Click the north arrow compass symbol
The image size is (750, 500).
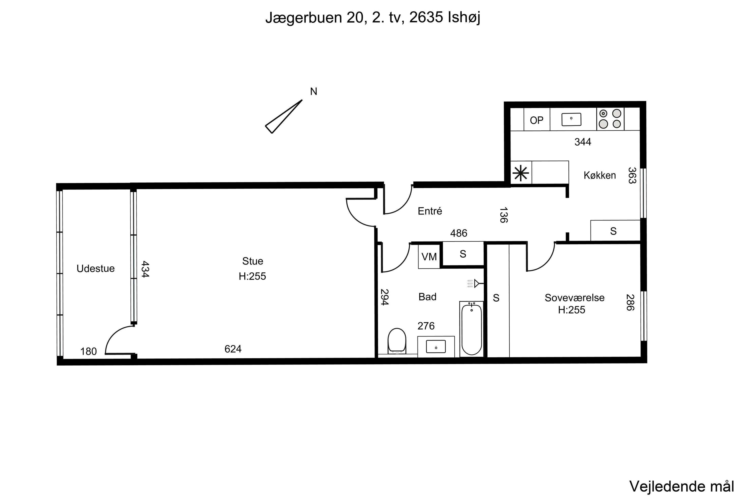click(x=283, y=117)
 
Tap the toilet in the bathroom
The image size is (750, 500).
click(x=397, y=341)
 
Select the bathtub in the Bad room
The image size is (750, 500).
click(x=471, y=329)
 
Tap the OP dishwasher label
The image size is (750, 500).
click(x=537, y=120)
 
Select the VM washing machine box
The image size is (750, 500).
click(x=429, y=256)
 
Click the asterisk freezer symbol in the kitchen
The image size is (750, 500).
click(x=521, y=173)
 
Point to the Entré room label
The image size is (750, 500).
click(x=430, y=211)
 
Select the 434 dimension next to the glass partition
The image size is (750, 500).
click(x=145, y=269)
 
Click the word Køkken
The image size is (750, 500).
click(x=599, y=175)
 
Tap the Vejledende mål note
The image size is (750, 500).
click(x=681, y=486)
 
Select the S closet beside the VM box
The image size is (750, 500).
click(x=463, y=254)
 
